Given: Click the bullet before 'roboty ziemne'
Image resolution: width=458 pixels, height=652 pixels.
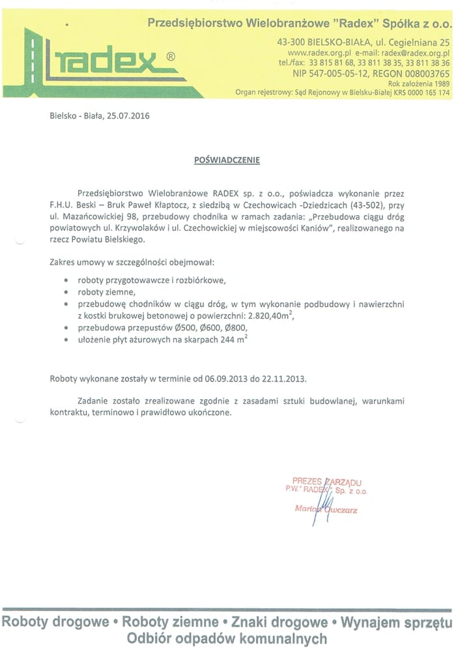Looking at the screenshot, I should tap(67, 292).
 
